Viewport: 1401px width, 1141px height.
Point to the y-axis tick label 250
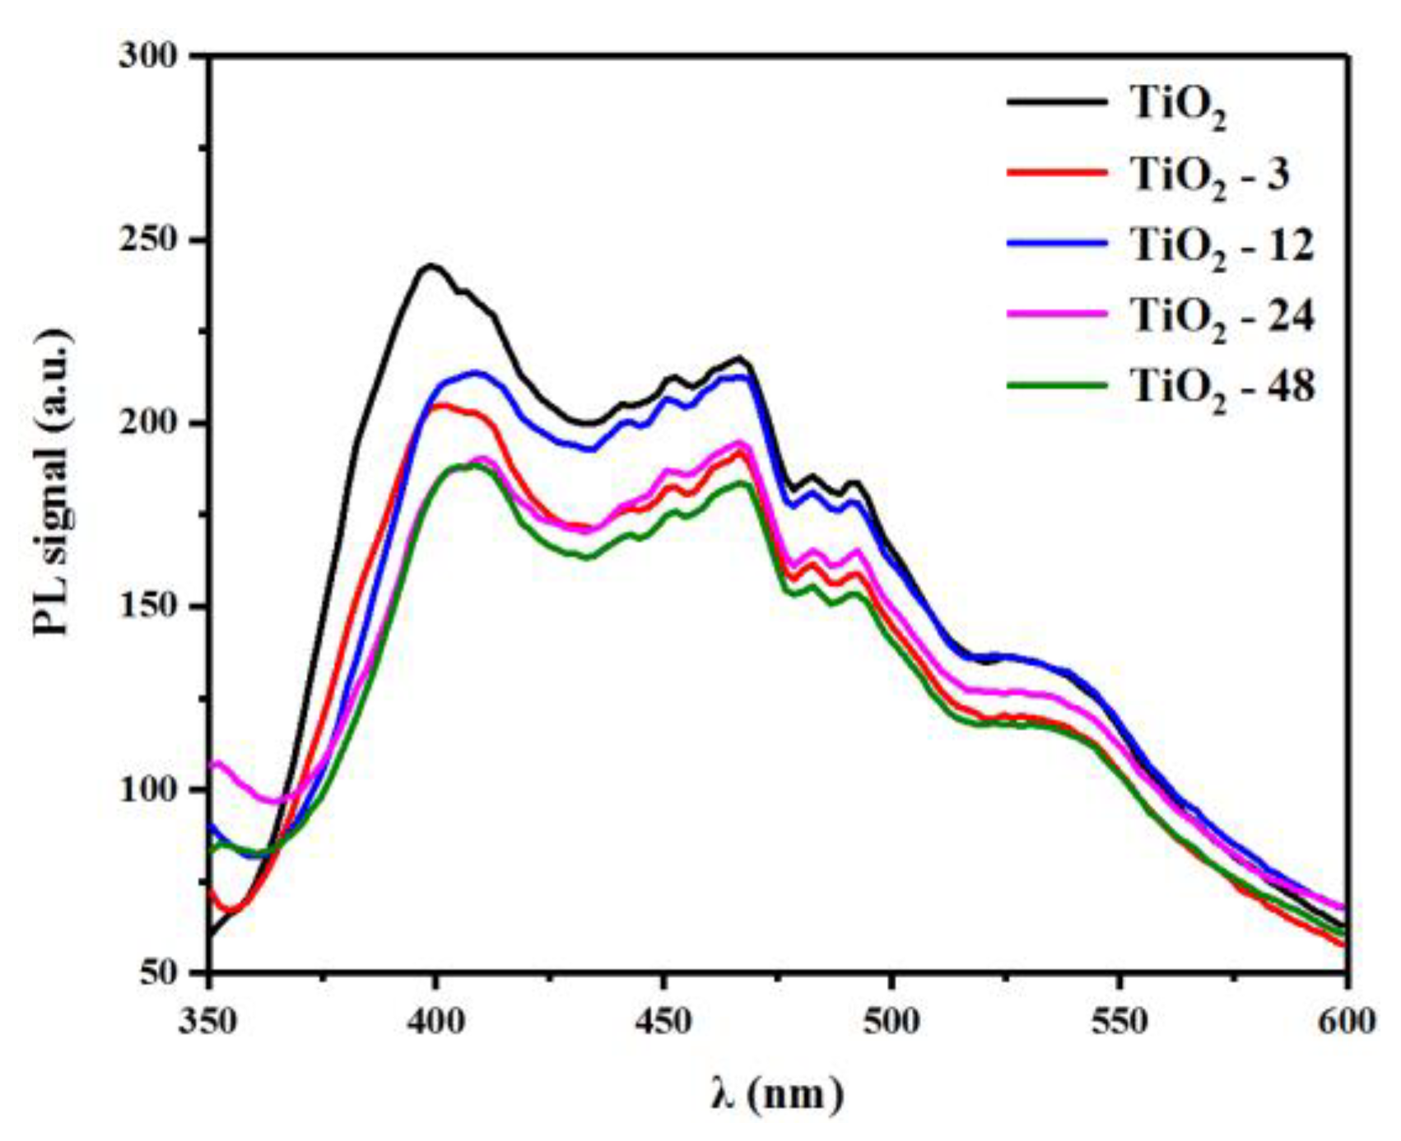[148, 241]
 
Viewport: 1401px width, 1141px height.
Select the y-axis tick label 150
[148, 608]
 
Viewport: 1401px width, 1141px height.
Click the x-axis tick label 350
[210, 1022]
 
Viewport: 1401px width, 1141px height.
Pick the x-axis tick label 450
[664, 1022]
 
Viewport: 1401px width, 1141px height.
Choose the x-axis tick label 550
[1119, 1022]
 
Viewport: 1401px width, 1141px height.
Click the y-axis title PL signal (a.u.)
[51, 484]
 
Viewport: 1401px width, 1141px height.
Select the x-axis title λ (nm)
[777, 1094]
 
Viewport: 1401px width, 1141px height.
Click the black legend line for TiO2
[1057, 101]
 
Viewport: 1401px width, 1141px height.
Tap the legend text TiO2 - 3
[1209, 175]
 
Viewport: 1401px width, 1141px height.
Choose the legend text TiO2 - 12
[1222, 246]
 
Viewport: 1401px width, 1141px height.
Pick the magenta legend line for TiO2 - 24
[1057, 314]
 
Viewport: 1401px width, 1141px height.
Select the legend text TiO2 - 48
[1222, 387]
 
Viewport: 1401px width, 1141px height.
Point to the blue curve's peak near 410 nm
[475, 372]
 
